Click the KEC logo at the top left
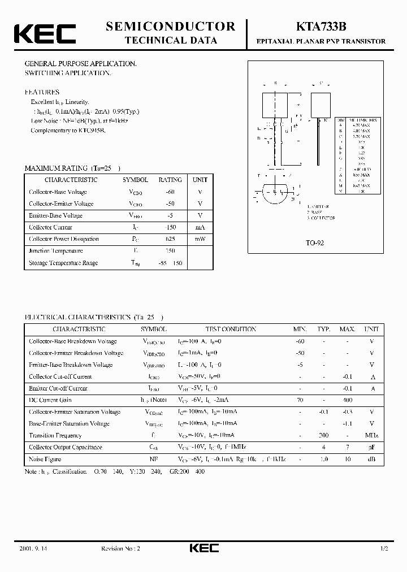point(45,33)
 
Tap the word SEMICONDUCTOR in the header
point(170,26)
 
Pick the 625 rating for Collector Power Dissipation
point(170,239)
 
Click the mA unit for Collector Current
point(200,227)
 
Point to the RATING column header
point(170,180)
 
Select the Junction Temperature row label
point(56,251)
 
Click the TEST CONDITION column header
point(230,329)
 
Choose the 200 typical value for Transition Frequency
point(323,435)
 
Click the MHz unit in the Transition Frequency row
point(371,435)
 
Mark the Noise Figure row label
point(45,459)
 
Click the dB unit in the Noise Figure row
point(371,459)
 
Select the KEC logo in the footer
point(203,549)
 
